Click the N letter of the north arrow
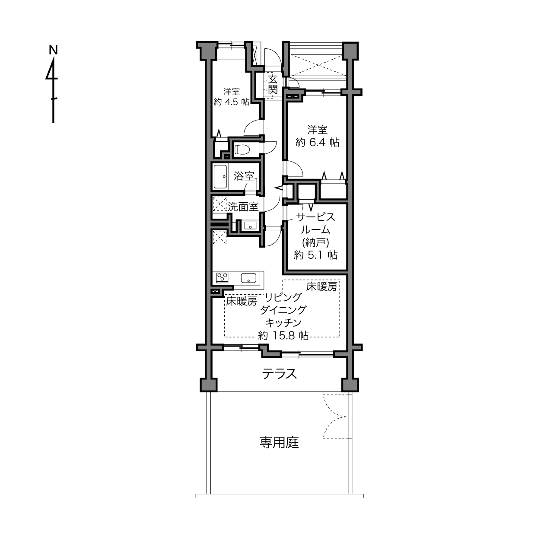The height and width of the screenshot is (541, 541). (x=53, y=50)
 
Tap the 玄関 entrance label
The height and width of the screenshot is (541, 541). (x=273, y=84)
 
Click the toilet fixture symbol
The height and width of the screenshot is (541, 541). (x=242, y=149)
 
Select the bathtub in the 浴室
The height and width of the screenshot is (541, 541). (x=220, y=177)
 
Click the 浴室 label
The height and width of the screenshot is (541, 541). (x=244, y=176)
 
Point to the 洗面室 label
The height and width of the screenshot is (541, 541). (x=243, y=207)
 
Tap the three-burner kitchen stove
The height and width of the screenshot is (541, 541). (x=222, y=278)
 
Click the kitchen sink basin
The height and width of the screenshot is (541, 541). (x=248, y=278)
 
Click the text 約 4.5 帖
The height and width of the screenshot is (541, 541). (x=232, y=102)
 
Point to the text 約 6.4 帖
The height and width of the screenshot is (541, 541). (x=317, y=142)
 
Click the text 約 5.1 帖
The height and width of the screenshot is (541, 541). (x=315, y=255)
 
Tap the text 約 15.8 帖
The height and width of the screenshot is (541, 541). (x=283, y=335)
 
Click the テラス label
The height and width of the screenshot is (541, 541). (x=280, y=374)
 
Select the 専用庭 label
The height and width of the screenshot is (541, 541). (x=279, y=442)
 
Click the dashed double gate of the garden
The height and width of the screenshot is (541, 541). (x=336, y=417)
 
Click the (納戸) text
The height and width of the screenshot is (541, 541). (x=315, y=242)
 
